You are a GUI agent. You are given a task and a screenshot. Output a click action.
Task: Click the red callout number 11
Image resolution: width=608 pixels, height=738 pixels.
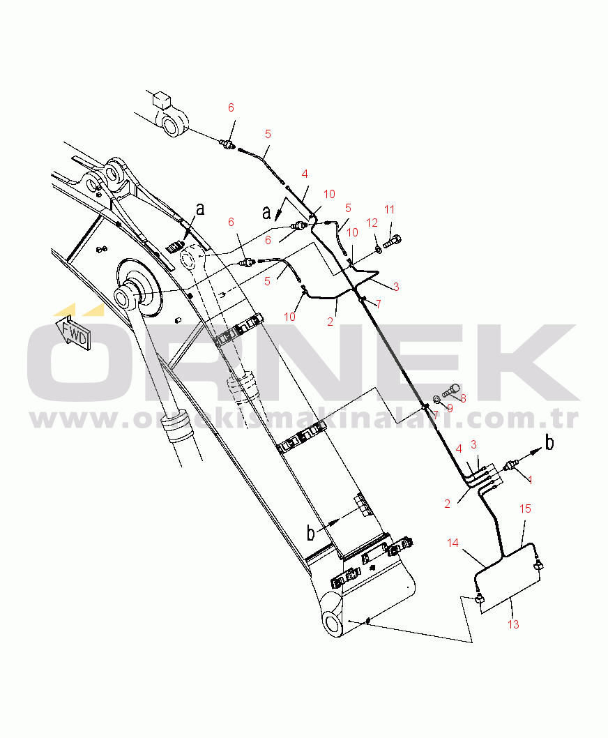click(389, 209)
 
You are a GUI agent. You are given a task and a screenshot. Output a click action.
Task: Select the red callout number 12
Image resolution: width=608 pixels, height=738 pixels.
click(372, 223)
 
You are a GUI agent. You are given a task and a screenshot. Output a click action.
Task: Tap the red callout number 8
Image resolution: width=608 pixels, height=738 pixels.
click(462, 398)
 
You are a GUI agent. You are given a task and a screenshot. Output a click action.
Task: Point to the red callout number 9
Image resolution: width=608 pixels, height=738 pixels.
click(449, 408)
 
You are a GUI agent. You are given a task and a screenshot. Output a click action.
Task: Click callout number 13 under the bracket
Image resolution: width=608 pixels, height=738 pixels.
click(513, 624)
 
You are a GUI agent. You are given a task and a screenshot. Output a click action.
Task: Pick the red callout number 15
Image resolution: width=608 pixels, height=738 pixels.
click(526, 509)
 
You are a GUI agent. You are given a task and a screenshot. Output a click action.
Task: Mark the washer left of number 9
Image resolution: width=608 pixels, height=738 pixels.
click(436, 399)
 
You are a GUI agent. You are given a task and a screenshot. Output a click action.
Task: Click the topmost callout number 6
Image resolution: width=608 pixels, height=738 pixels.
click(231, 107)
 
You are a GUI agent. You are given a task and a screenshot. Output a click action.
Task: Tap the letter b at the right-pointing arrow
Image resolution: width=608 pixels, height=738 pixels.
click(550, 444)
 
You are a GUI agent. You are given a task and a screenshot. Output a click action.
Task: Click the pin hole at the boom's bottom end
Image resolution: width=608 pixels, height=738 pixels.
click(333, 622)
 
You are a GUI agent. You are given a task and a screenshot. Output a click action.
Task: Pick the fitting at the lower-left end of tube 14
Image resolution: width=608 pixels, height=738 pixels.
click(478, 599)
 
